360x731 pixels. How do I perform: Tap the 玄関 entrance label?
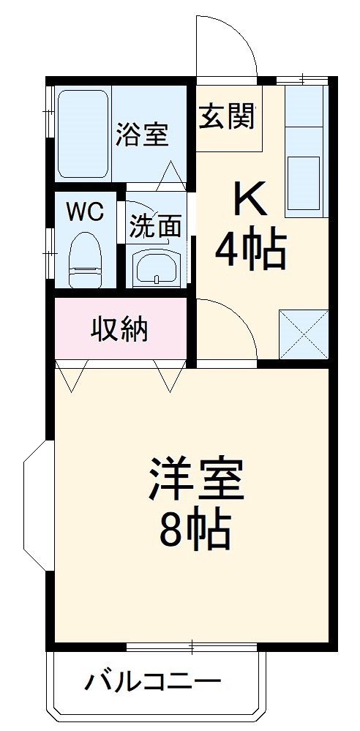pos(228,116)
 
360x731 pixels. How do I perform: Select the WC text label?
pos(85,211)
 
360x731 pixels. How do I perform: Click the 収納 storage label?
pos(119,330)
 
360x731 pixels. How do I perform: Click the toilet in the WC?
pos(85,260)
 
